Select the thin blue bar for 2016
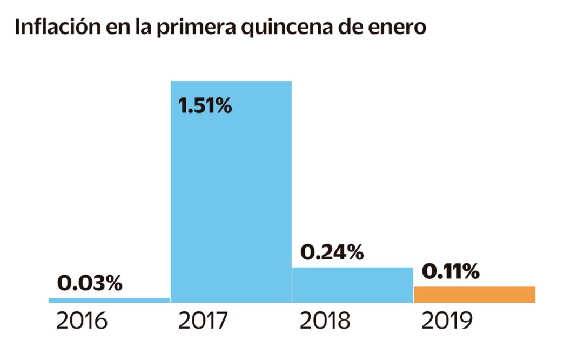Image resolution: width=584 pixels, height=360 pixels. pyautogui.click(x=109, y=301)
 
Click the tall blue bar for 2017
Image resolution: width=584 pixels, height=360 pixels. pyautogui.click(x=231, y=195)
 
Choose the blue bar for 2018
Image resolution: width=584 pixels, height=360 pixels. pyautogui.click(x=352, y=285)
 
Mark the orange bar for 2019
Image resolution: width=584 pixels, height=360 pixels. pyautogui.click(x=474, y=295)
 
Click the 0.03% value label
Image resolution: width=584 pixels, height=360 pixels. pyautogui.click(x=90, y=283)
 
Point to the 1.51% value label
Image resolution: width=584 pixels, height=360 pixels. pyautogui.click(x=205, y=106)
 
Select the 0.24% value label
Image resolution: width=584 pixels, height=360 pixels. pyautogui.click(x=332, y=252)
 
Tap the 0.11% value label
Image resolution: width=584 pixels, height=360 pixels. pyautogui.click(x=451, y=272)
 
